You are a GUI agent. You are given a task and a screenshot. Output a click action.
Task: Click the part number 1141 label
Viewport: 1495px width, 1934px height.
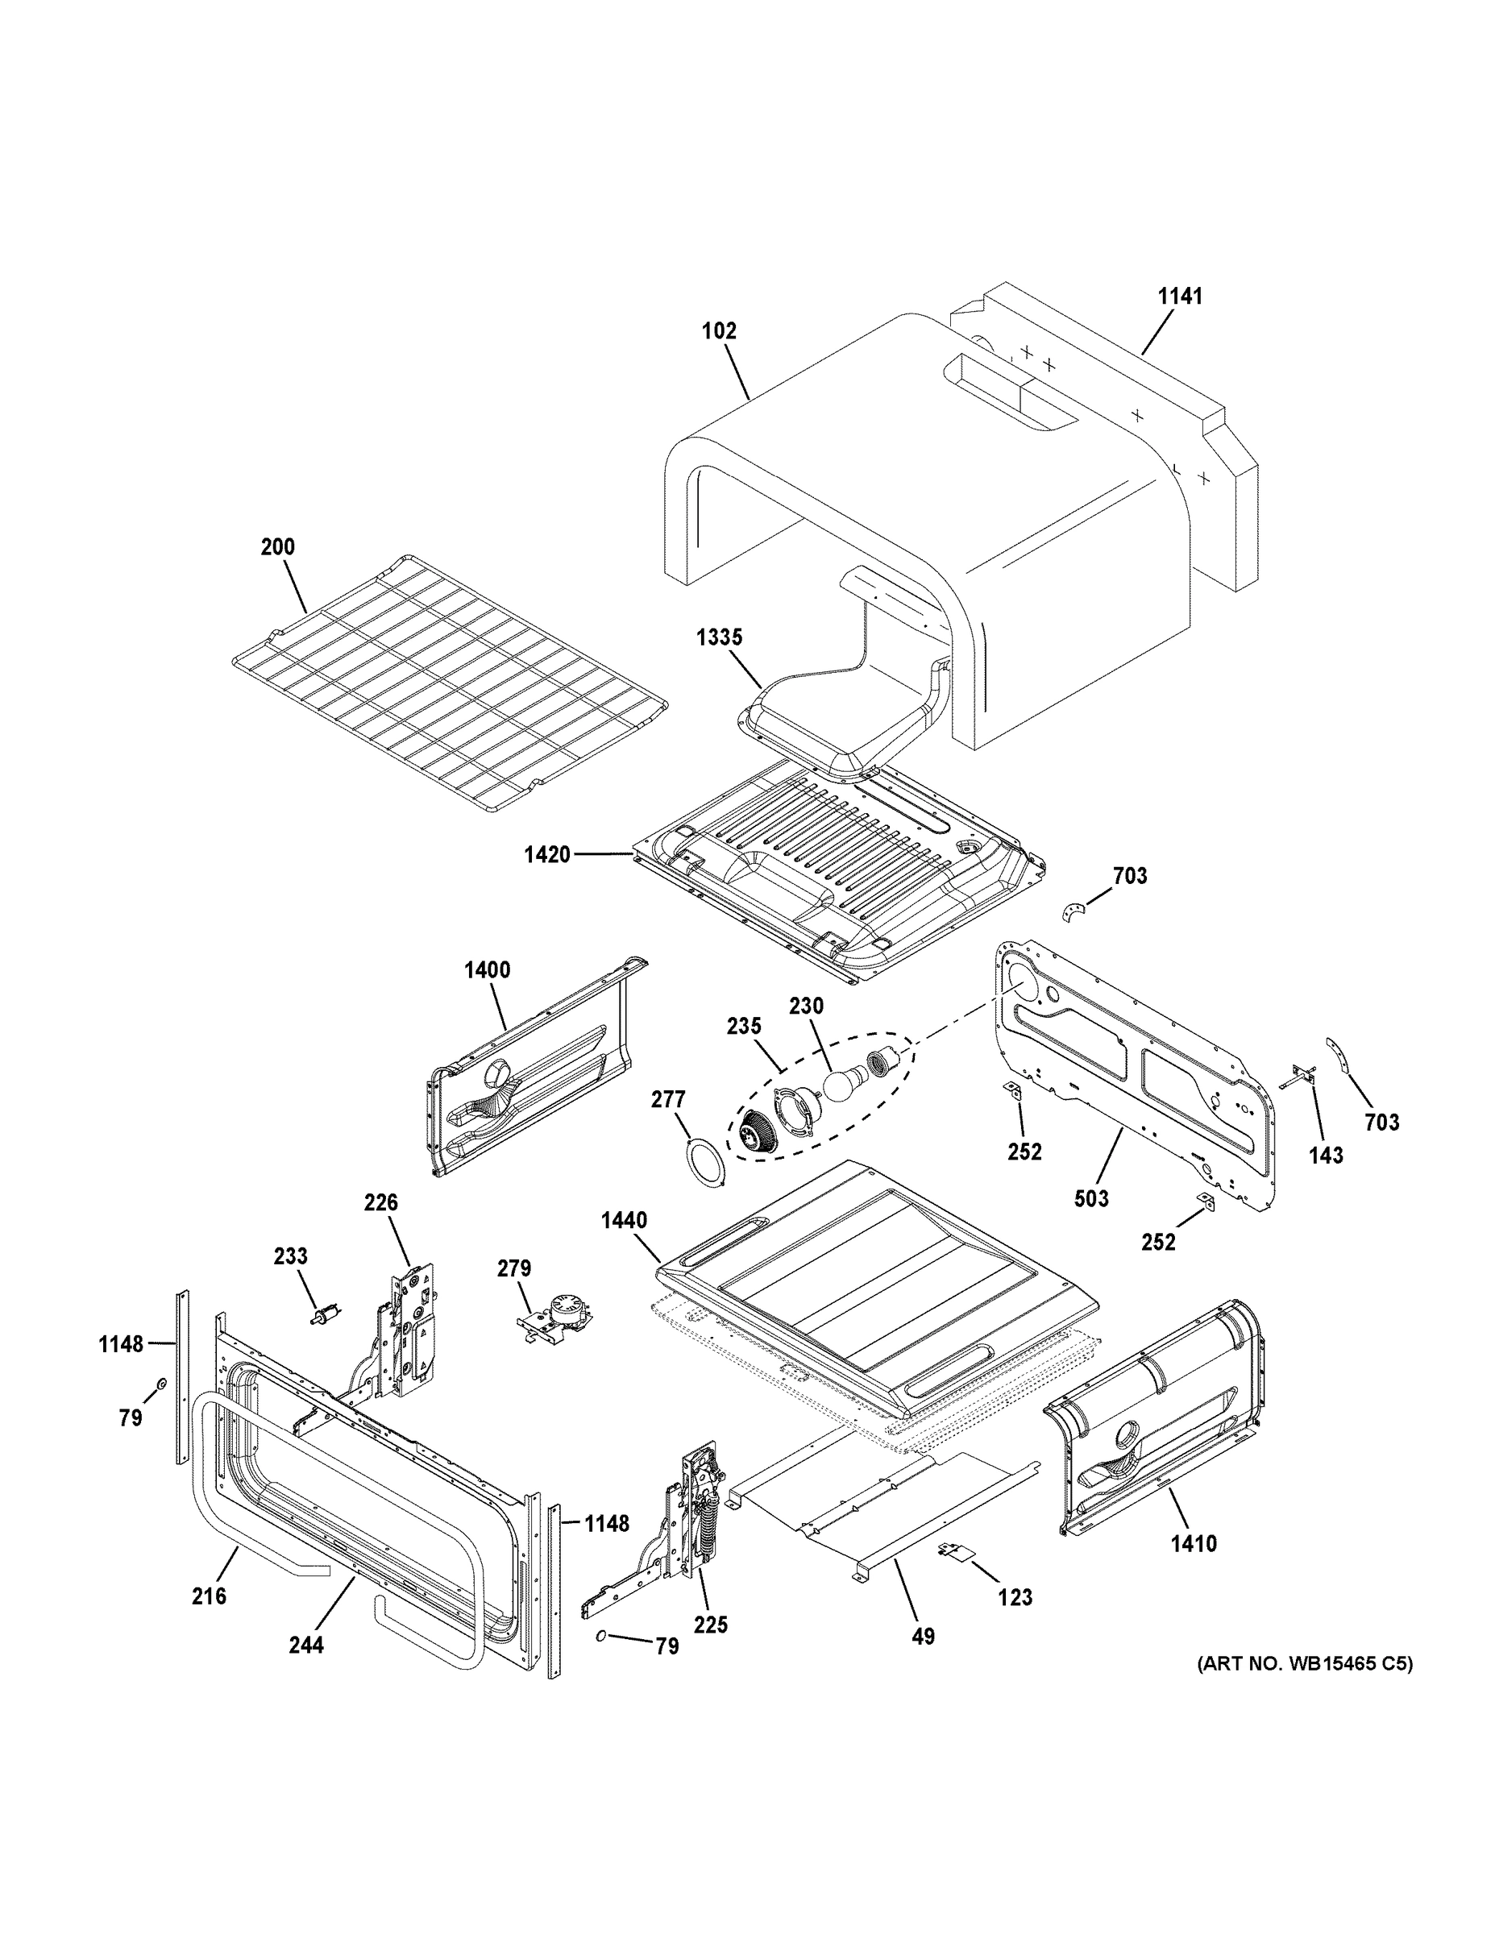point(1181,297)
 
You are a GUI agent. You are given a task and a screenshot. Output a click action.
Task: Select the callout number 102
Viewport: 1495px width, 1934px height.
point(718,331)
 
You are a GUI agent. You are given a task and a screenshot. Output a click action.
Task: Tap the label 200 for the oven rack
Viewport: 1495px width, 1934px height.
point(277,547)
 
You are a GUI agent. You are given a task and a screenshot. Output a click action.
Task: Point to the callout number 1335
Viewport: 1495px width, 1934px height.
point(719,637)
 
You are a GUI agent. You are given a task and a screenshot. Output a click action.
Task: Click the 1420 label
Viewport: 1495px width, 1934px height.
point(546,854)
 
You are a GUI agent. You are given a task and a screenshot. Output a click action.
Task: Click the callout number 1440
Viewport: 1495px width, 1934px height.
point(624,1220)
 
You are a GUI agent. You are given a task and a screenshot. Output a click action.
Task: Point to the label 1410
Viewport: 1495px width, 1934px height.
point(1193,1544)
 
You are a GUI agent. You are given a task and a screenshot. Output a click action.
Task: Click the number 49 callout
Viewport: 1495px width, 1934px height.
point(923,1637)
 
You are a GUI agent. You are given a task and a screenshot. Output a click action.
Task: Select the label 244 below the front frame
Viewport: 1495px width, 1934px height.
point(305,1646)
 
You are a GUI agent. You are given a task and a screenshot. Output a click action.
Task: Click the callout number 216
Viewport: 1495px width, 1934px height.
point(209,1596)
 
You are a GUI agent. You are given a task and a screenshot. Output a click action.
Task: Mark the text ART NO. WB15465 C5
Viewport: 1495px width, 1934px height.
point(1305,1664)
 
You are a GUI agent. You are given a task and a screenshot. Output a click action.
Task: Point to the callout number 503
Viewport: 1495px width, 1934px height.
point(1091,1199)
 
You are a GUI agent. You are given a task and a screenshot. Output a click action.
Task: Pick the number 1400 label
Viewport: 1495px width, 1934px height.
point(487,970)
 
